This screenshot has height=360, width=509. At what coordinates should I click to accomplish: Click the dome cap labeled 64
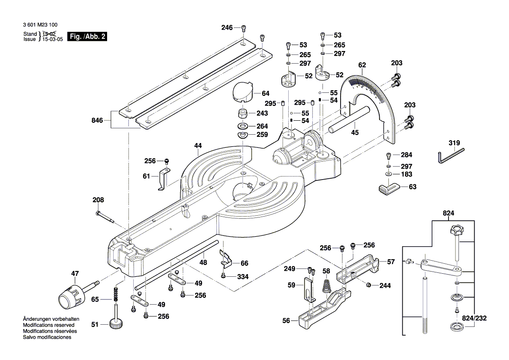[243, 92]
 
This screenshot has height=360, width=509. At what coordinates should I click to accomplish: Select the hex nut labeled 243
[243, 114]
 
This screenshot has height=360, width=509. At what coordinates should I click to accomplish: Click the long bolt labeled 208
[104, 216]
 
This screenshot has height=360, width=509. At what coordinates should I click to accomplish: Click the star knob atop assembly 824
[455, 231]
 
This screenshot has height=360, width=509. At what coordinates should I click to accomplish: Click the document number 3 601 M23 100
[40, 25]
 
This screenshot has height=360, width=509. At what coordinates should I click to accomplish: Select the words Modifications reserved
[48, 325]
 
